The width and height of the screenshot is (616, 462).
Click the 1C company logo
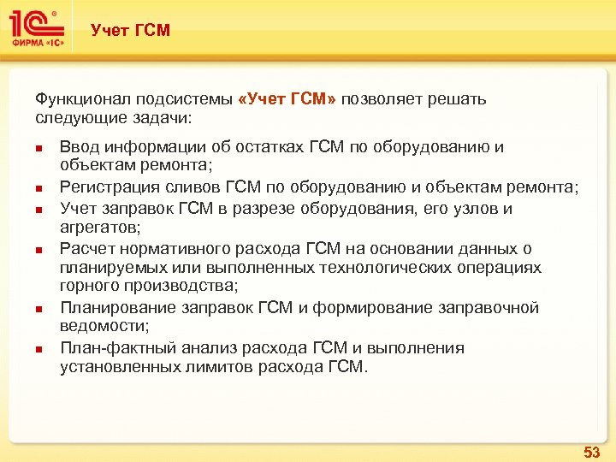click(37, 30)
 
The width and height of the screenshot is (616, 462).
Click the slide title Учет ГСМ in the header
click(130, 31)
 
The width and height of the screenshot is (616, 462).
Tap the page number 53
click(591, 451)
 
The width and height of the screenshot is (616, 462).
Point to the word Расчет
click(84, 249)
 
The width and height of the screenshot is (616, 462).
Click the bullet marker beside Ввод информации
click(39, 148)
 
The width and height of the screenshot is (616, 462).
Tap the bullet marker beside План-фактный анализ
click(39, 349)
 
